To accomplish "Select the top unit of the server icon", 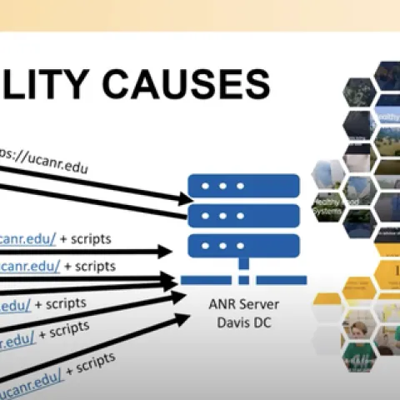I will [x=243, y=184].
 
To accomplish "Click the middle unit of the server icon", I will [x=243, y=215].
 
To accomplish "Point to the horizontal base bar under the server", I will [x=243, y=280].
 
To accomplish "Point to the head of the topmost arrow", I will [x=185, y=198].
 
